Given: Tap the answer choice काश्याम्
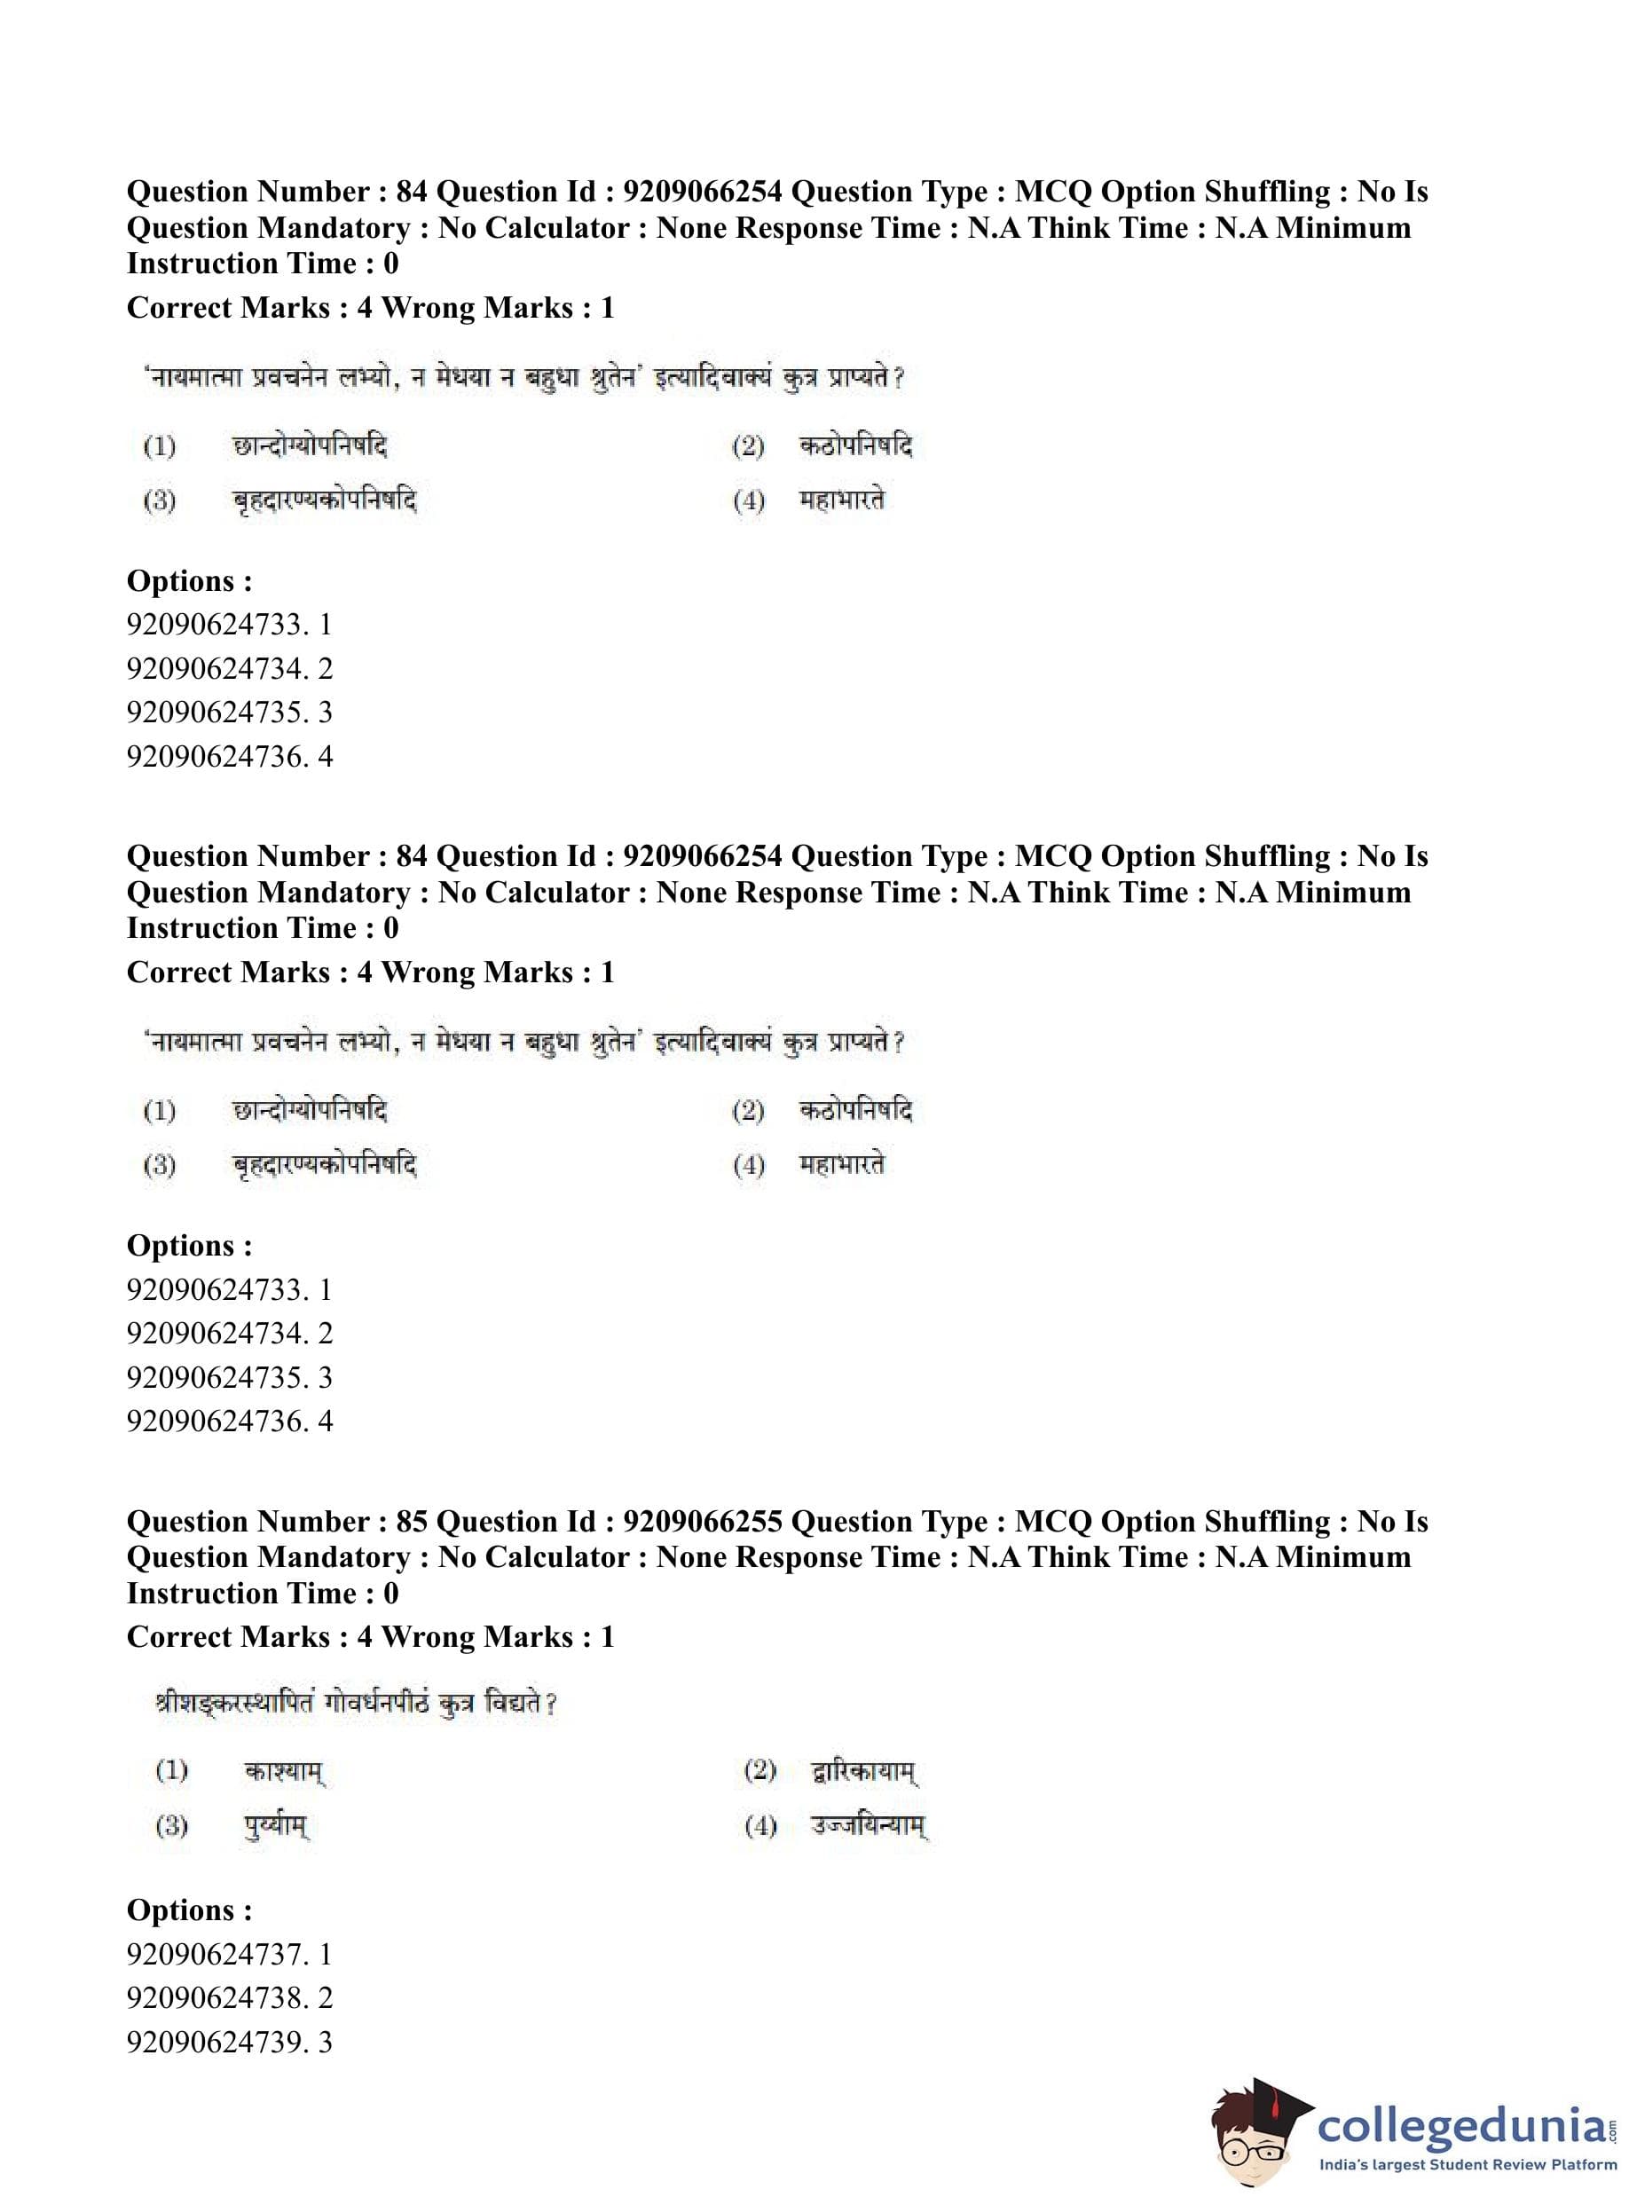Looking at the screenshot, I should pyautogui.click(x=284, y=1771).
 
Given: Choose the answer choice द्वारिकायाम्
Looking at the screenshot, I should pyautogui.click(x=864, y=1771).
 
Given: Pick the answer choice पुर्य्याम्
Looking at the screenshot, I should pyautogui.click(x=276, y=1826).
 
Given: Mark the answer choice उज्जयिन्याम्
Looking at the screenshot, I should pyautogui.click(x=869, y=1826).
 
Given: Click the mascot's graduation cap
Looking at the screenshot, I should pyautogui.click(x=1272, y=2099).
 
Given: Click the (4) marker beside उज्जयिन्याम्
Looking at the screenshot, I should pyautogui.click(x=760, y=1826).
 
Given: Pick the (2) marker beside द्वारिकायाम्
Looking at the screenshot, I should pyautogui.click(x=760, y=1771).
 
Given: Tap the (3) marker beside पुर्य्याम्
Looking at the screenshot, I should pyautogui.click(x=171, y=1826).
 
